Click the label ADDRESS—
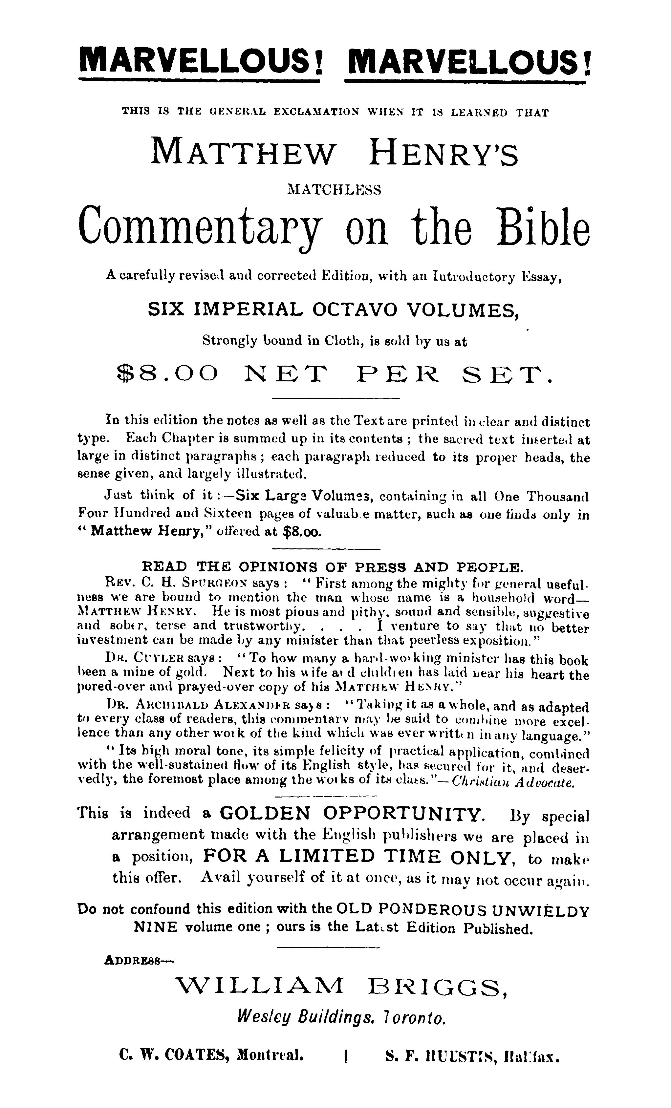139,960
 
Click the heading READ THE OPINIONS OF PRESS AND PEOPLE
332,566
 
